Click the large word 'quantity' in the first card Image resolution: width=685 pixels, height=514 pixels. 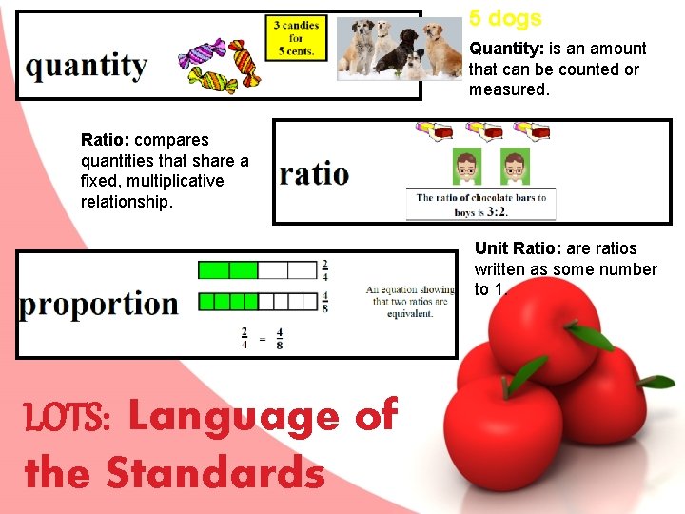pos(87,67)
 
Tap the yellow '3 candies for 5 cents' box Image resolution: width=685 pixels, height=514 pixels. pos(296,38)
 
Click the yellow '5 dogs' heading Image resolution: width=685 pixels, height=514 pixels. pos(505,18)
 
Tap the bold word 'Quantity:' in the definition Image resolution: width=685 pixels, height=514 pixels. pos(505,49)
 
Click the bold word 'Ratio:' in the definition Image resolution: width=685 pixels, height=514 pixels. pos(106,140)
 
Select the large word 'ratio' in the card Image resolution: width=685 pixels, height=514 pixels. pos(314,174)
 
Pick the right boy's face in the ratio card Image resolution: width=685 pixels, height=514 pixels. pos(515,166)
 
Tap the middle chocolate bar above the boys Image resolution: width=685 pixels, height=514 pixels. pos(484,130)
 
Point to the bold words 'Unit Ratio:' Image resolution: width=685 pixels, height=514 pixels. pos(518,248)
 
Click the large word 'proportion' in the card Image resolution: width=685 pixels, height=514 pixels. pos(98,304)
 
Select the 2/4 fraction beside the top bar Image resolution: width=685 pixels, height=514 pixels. pos(324,269)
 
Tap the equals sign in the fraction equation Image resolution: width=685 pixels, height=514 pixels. pos(262,338)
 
